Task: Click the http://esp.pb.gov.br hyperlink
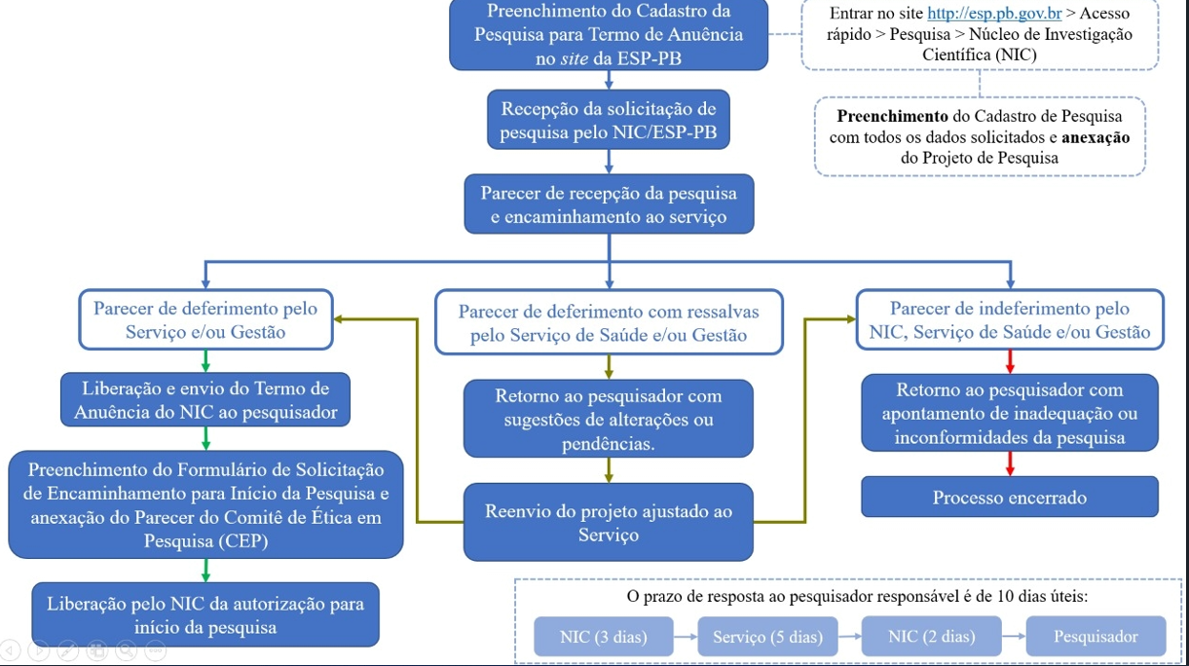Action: [994, 14]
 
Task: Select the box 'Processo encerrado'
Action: [1010, 497]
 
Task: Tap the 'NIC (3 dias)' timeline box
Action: [604, 636]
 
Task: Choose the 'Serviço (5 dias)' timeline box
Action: [767, 636]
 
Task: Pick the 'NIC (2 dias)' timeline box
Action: [932, 636]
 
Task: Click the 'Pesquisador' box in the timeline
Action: [1096, 636]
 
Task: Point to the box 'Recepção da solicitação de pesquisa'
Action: [609, 120]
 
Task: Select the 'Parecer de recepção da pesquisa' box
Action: [609, 203]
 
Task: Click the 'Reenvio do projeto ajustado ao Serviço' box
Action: [609, 522]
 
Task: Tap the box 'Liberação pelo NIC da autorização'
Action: [205, 614]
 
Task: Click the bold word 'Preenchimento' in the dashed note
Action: [892, 116]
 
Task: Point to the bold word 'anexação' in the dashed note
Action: [1096, 137]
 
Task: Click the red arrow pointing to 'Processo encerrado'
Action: [1010, 463]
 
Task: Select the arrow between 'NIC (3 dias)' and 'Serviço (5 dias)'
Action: [686, 636]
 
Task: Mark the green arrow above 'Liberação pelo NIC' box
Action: [205, 571]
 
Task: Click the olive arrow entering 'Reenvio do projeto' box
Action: [609, 470]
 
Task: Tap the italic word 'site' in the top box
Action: [575, 58]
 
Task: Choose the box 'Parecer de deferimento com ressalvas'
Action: [609, 322]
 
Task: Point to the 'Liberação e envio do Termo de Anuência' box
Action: [205, 399]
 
